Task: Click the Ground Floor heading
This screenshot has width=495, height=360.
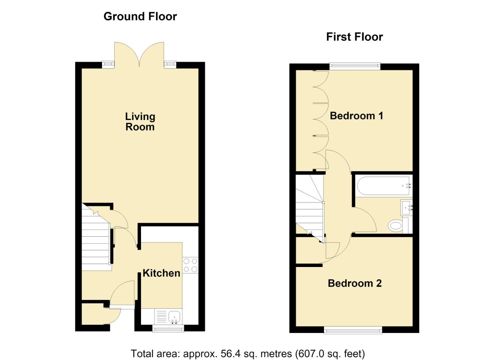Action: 140,17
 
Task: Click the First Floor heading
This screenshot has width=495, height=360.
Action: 354,37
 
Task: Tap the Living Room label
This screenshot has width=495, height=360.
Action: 140,122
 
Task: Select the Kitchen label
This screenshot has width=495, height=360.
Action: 161,273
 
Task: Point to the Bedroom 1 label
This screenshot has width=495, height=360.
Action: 356,116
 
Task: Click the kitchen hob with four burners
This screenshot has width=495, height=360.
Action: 190,265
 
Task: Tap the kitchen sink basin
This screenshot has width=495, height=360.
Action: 174,317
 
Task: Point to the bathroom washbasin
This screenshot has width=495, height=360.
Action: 406,207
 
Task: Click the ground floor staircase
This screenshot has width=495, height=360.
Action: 96,237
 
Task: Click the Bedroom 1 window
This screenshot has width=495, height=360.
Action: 355,67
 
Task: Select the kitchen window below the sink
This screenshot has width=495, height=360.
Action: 168,329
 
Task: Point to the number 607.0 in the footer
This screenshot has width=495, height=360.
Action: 309,354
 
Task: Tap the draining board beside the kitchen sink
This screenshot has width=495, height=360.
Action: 161,316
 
